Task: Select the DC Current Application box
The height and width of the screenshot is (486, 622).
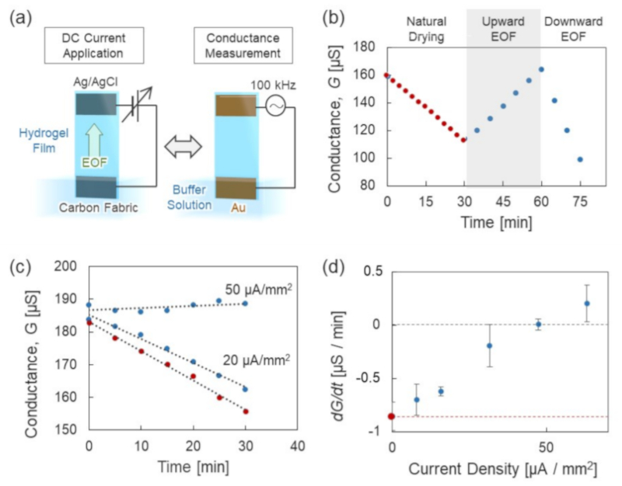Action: click(x=96, y=46)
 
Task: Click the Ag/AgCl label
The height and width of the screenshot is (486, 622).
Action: click(x=96, y=81)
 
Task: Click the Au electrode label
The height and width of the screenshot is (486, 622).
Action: click(x=236, y=208)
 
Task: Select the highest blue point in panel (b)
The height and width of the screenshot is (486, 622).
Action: click(x=541, y=69)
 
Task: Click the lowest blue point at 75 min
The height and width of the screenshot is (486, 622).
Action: click(x=580, y=159)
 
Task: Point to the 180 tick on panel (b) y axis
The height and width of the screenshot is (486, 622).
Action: click(x=368, y=47)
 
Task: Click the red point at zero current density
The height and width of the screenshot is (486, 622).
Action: click(x=391, y=417)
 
